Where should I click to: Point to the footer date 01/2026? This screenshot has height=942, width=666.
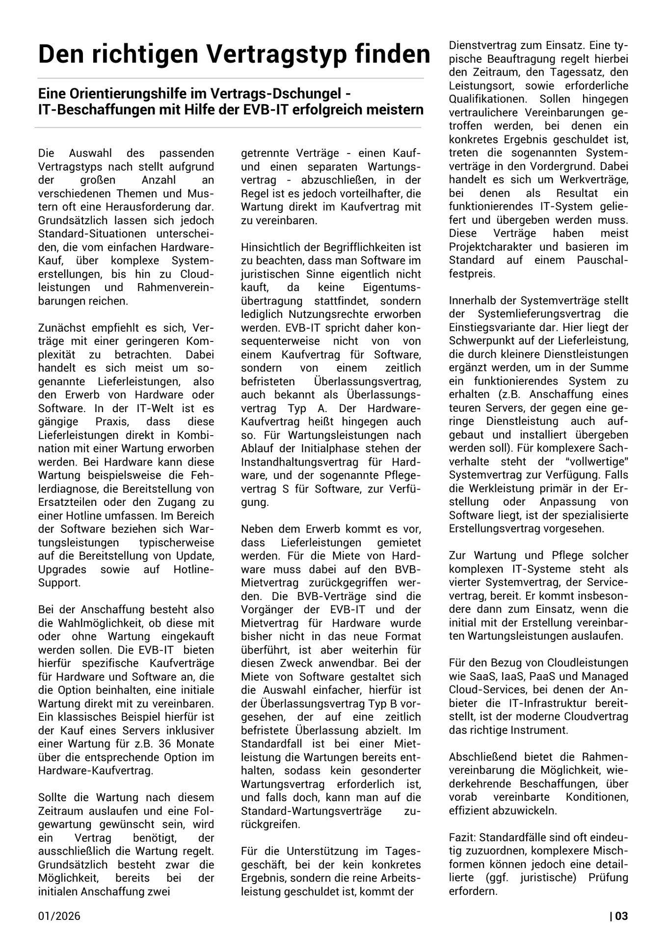pyautogui.click(x=59, y=916)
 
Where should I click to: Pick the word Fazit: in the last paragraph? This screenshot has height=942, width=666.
pyautogui.click(x=463, y=837)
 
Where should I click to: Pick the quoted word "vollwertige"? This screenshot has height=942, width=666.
pyautogui.click(x=595, y=461)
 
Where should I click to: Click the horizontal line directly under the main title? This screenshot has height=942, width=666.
pyautogui.click(x=231, y=78)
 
